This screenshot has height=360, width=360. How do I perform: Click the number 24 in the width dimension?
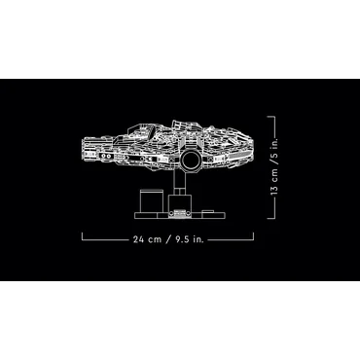(138, 239)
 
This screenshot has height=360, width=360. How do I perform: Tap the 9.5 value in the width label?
(182, 239)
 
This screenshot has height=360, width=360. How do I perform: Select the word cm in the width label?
(155, 240)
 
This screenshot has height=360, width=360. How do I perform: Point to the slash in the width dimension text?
(168, 239)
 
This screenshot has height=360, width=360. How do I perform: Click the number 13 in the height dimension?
(274, 190)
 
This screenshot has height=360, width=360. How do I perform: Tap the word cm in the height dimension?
(275, 174)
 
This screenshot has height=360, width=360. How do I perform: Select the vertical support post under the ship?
(179, 182)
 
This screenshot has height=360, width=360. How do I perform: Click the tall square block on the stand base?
(150, 201)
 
